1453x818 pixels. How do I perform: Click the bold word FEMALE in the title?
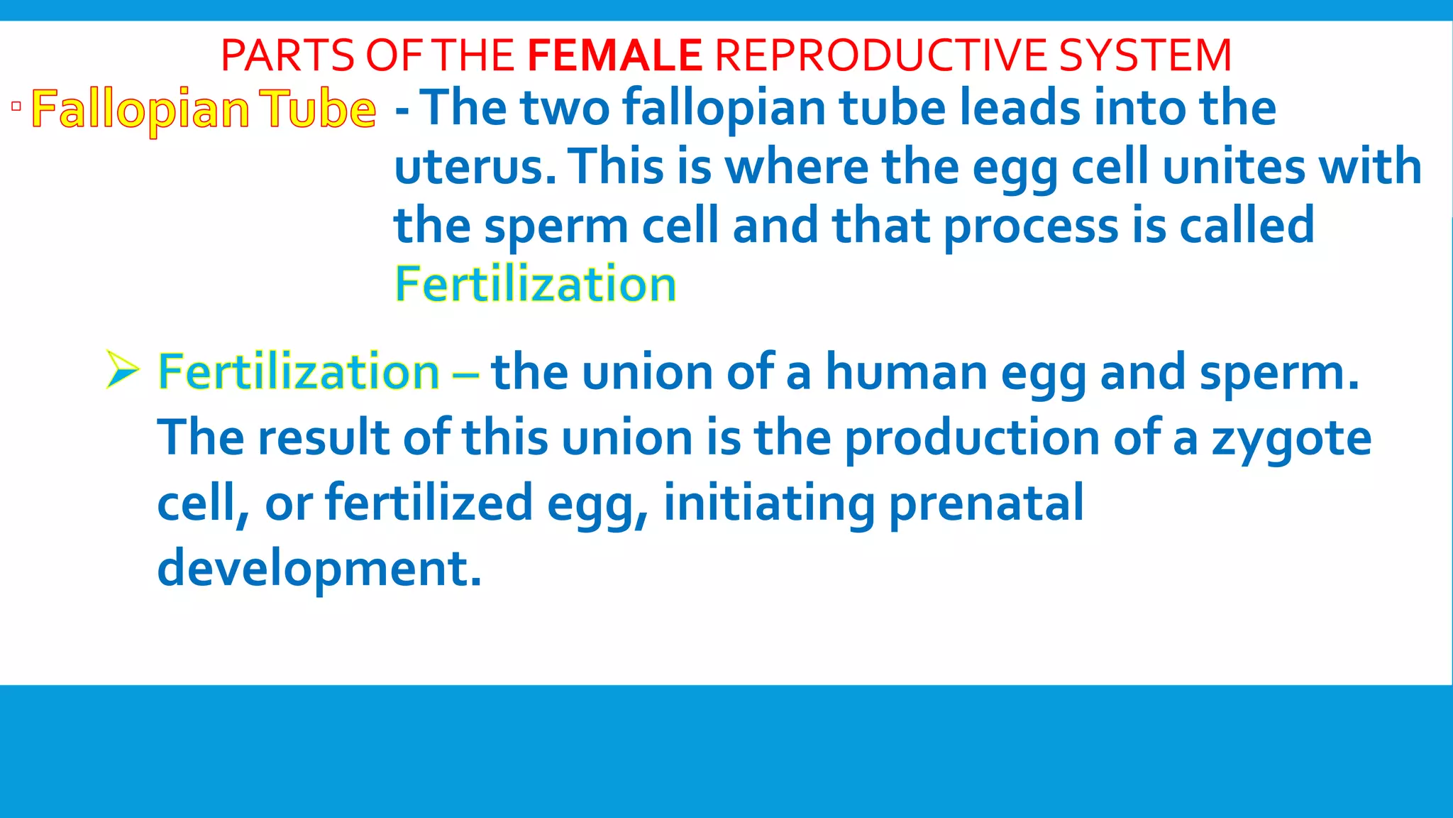614,55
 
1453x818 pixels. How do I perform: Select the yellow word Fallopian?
140,110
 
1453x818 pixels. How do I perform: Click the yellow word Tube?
317,110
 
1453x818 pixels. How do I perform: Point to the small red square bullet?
16,107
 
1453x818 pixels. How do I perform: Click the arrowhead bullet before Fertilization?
121,370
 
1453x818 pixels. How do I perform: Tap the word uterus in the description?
474,168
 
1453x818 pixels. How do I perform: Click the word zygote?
1291,439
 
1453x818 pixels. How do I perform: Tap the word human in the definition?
906,373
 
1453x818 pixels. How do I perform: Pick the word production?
971,439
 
